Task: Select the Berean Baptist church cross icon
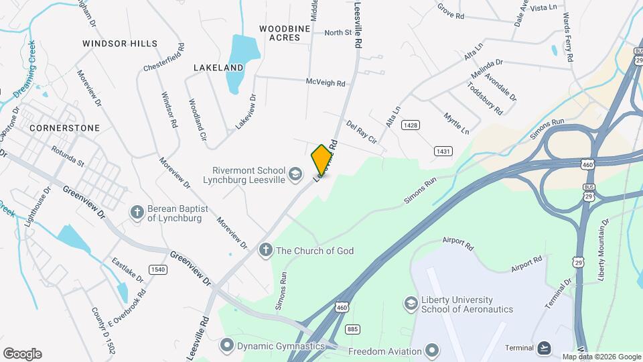coord(137,213)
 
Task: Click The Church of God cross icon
coord(265,251)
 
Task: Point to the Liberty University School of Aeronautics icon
coord(409,304)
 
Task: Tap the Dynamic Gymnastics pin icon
coord(227,346)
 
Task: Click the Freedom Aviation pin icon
coord(433,351)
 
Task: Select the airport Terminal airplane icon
coord(544,347)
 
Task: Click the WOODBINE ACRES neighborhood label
coord(285,33)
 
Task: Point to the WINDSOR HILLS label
coord(120,44)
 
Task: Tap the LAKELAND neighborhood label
coord(218,68)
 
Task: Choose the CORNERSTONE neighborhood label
coord(64,127)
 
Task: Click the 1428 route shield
coord(411,125)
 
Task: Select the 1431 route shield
coord(443,152)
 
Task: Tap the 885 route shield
coord(353,329)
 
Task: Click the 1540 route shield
coord(158,269)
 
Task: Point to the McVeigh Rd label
coord(326,84)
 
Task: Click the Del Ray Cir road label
coord(362,133)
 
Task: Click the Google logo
coord(22,354)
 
